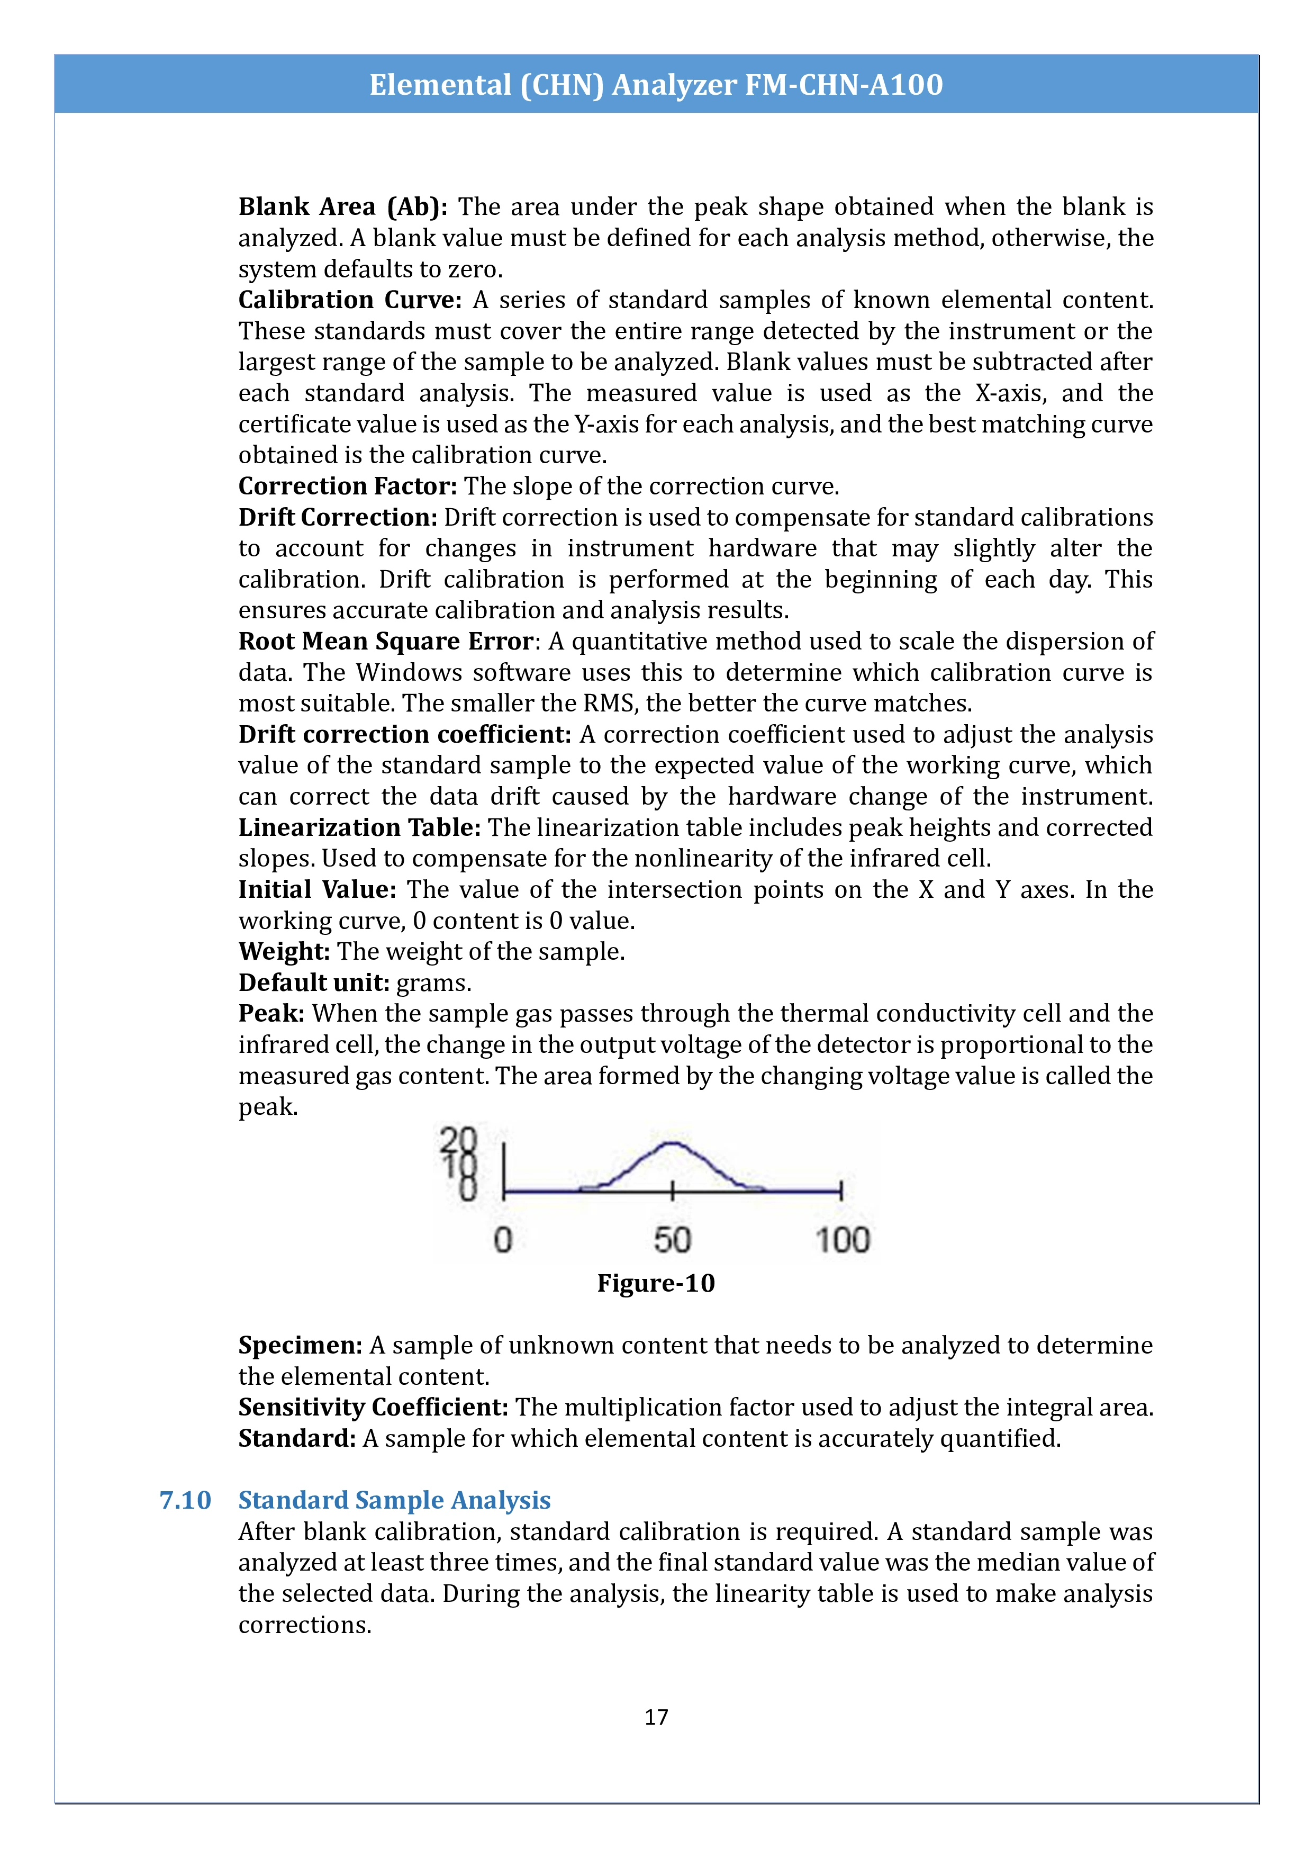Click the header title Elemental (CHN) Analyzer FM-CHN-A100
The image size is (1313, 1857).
coord(656,85)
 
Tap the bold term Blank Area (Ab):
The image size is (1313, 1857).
coord(342,207)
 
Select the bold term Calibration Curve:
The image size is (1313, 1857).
coord(349,300)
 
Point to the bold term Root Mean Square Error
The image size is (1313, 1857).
coord(386,642)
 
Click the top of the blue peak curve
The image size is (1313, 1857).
coord(670,1143)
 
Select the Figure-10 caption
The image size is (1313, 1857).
coord(656,1284)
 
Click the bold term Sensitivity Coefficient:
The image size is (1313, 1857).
coord(373,1408)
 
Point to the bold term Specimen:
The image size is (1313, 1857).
coord(300,1346)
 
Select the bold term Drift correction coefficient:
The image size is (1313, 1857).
coord(404,734)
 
